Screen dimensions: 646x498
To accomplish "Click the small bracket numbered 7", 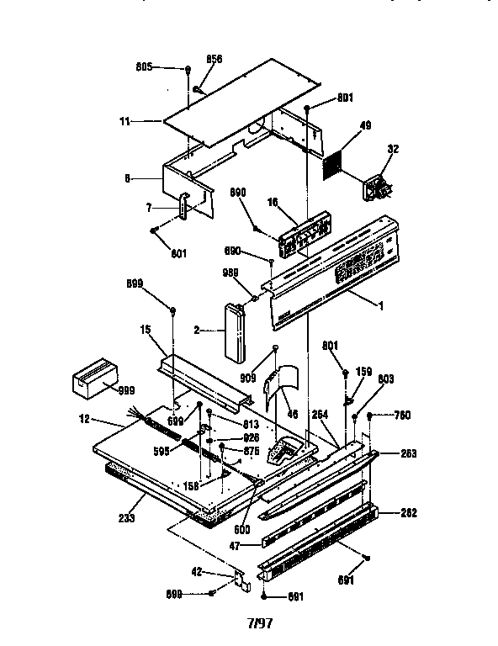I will tap(185, 208).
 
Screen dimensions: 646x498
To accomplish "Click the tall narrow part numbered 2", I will tap(232, 331).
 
